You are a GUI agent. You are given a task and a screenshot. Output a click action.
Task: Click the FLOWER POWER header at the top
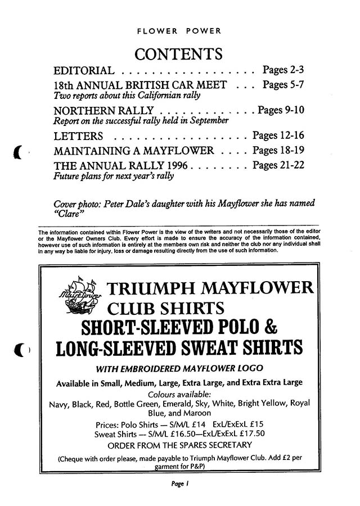[179, 31]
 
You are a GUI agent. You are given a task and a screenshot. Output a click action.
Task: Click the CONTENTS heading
[179, 54]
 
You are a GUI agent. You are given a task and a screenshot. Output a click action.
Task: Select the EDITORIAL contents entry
[84, 71]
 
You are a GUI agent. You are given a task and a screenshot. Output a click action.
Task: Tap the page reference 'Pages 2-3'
[283, 70]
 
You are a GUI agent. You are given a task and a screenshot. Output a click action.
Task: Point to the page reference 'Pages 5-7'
[283, 85]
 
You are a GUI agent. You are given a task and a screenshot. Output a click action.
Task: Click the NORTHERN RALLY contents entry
[100, 110]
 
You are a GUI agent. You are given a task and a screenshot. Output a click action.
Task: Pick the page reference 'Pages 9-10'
[281, 110]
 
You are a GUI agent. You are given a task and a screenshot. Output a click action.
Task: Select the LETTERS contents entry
[78, 137]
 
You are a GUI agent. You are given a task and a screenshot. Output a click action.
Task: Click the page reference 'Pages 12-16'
[279, 135]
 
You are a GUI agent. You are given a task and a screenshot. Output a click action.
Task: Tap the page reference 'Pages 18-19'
[279, 150]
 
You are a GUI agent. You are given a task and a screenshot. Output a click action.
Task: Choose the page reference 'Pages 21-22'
[279, 165]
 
